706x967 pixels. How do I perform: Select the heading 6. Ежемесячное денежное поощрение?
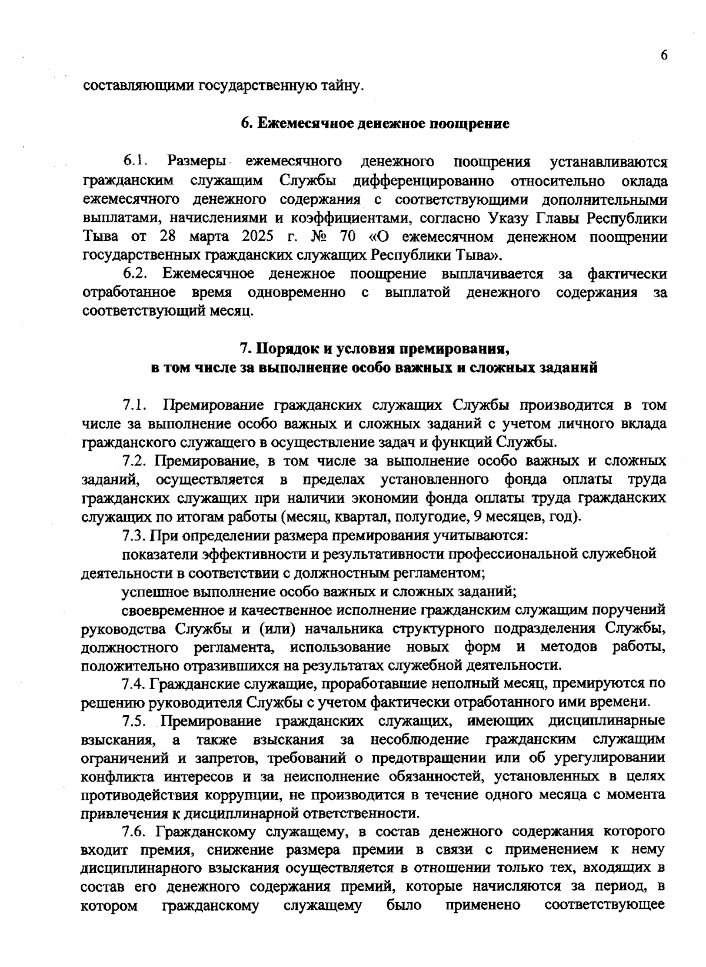click(x=375, y=124)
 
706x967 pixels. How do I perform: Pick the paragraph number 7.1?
click(x=134, y=405)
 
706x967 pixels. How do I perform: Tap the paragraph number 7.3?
click(x=134, y=536)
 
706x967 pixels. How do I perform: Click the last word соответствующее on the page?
click(x=605, y=905)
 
